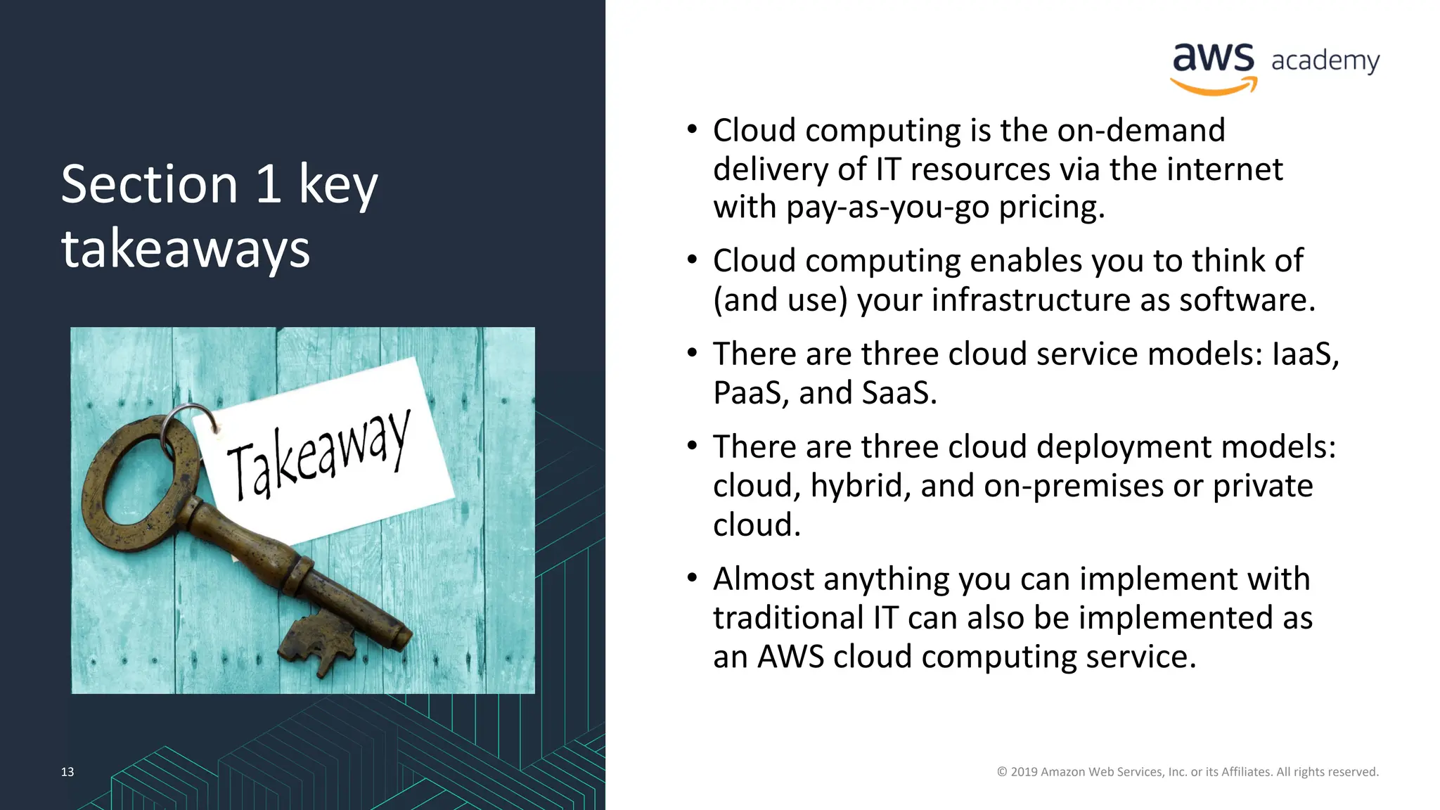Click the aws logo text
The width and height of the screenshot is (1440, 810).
[x=1213, y=58]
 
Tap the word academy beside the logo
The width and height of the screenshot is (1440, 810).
[x=1325, y=61]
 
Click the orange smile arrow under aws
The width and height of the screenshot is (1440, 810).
[x=1214, y=87]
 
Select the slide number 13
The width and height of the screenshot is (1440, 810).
[x=67, y=771]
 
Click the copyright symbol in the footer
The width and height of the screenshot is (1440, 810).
[x=1002, y=772]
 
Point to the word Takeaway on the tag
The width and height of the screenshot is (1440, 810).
[x=318, y=456]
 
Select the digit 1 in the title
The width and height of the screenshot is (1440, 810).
[x=269, y=184]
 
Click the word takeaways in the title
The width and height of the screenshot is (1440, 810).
[x=186, y=249]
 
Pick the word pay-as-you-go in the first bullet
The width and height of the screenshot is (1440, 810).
[x=887, y=208]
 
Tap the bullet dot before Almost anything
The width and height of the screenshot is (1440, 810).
[x=693, y=578]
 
